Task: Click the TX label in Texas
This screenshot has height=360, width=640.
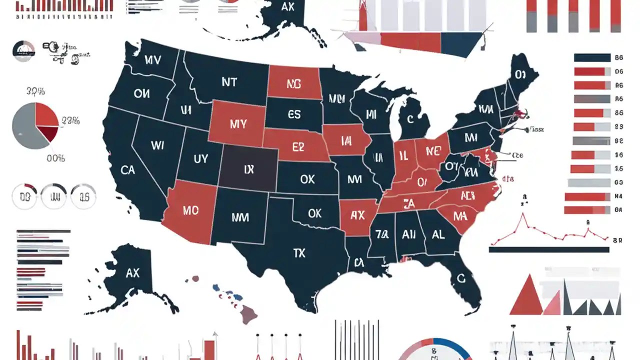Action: (299, 253)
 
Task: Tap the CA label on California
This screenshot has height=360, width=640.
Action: (127, 170)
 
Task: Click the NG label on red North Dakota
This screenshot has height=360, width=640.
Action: (294, 84)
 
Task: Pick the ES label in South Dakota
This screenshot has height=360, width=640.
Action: (294, 115)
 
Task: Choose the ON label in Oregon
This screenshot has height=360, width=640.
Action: (141, 93)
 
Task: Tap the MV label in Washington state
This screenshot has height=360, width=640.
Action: (152, 60)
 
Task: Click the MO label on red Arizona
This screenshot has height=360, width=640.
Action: (190, 210)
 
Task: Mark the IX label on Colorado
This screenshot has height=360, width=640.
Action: (248, 170)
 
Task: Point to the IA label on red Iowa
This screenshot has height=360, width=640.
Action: (346, 141)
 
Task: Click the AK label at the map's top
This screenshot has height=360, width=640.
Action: (288, 7)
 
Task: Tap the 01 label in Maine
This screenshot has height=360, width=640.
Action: (520, 75)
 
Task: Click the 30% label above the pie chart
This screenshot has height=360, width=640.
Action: (35, 91)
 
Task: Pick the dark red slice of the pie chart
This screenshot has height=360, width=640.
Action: (49, 133)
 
